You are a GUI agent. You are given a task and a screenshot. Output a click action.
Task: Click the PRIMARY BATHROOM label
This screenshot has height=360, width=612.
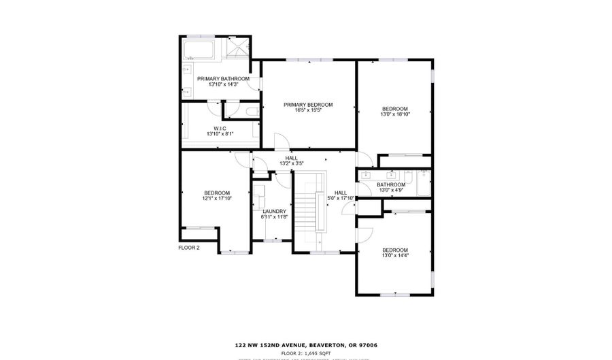pos(223,79)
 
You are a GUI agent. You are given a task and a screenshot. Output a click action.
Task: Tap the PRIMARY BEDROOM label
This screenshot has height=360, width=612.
pos(308,104)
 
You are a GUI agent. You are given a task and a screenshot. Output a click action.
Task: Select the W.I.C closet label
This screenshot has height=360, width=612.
pos(220,129)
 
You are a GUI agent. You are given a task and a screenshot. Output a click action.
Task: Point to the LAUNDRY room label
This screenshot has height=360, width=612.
pos(275,211)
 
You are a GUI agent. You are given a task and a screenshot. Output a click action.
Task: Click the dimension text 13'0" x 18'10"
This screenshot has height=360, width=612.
pos(394,115)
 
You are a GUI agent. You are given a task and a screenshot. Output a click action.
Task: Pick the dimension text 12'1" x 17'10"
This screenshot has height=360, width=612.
pos(217,199)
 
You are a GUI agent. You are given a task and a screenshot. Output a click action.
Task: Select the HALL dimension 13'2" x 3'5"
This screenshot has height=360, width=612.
pos(291,163)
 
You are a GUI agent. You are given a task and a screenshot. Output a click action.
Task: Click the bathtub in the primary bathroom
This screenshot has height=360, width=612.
pos(198,50)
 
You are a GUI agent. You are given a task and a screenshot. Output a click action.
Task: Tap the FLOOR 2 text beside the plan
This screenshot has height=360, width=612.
pos(188,248)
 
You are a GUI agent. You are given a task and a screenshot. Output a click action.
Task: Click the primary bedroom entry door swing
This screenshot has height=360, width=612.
pos(279,141)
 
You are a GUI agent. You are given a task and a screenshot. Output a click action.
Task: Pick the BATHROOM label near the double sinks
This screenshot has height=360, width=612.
pos(391,184)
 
